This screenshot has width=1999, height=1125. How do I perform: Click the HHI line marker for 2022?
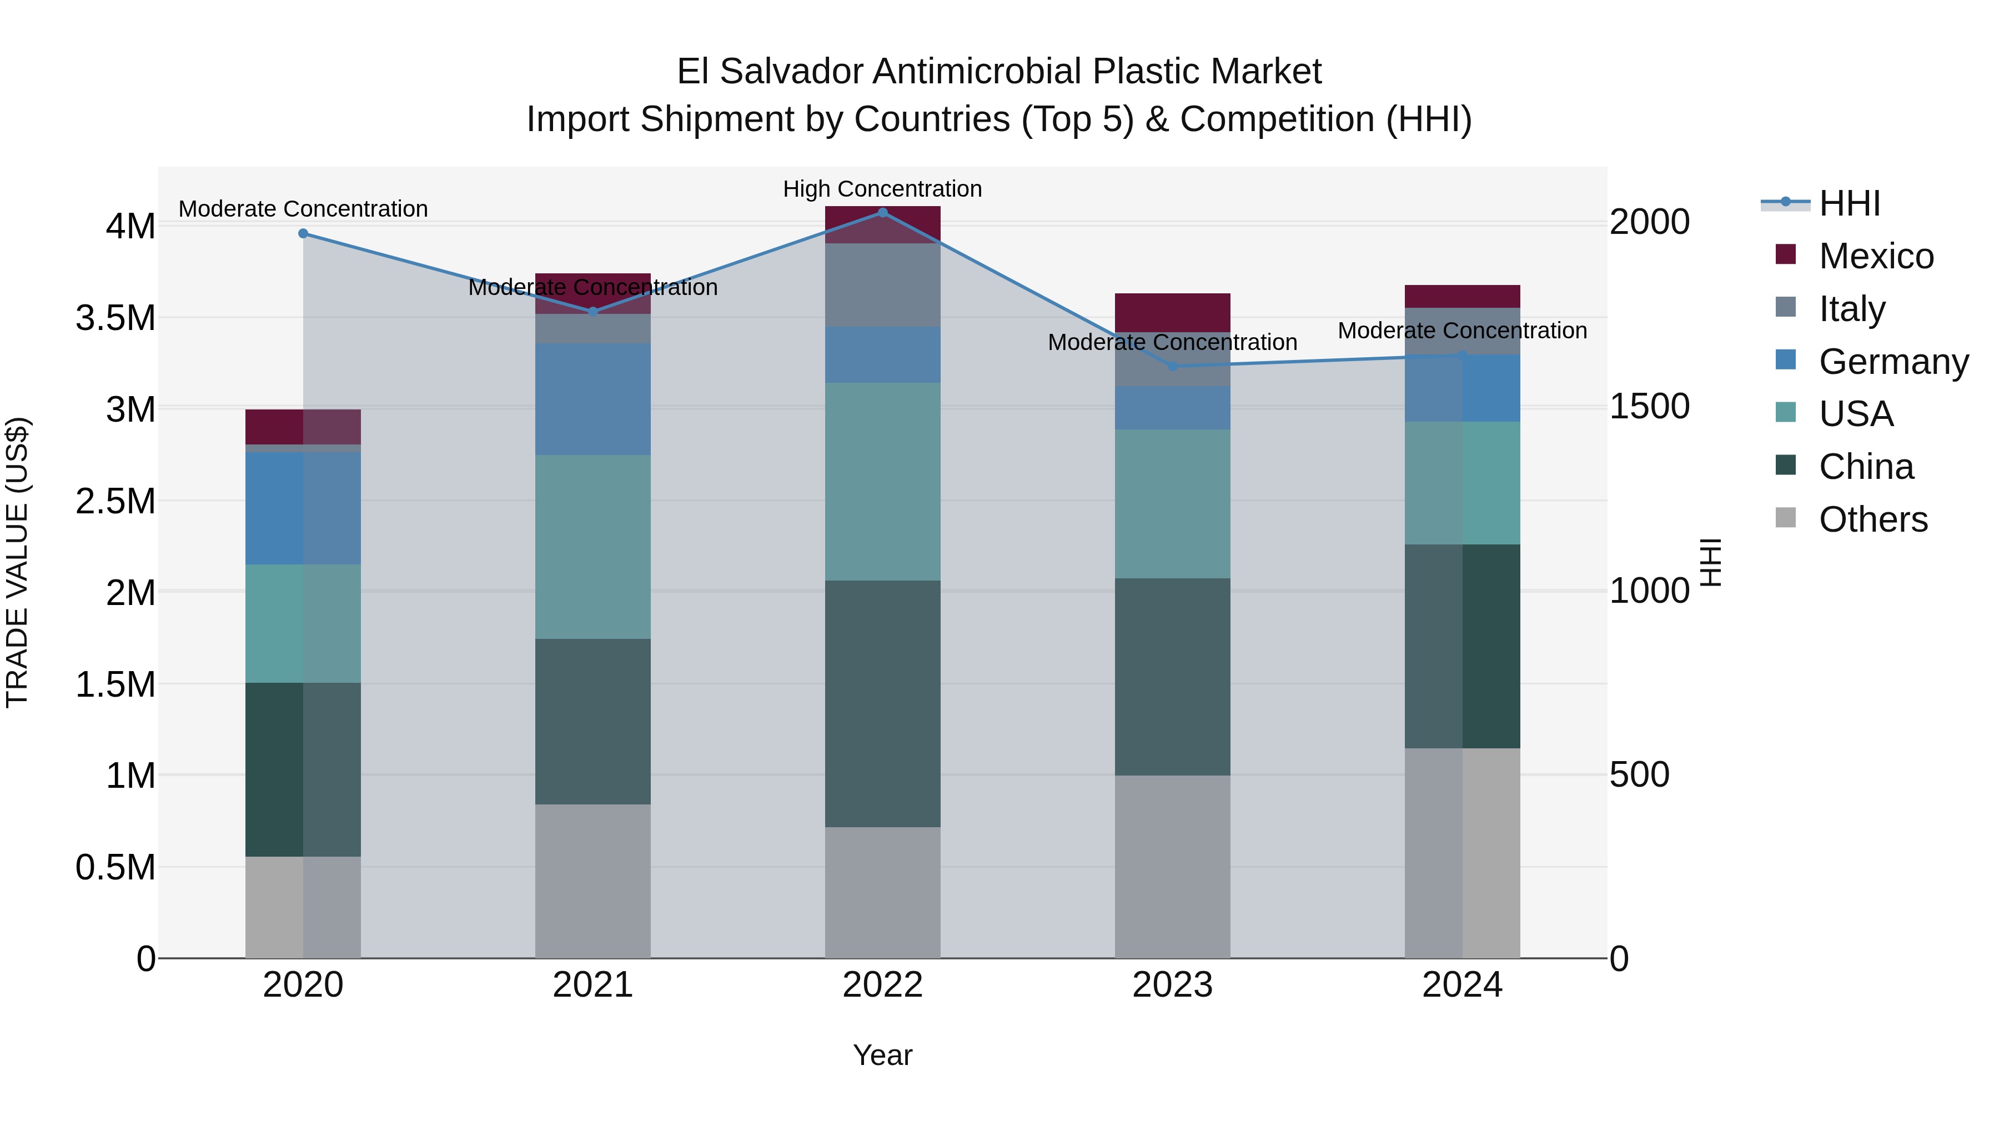click(882, 212)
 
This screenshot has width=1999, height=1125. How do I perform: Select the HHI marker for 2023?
click(1173, 367)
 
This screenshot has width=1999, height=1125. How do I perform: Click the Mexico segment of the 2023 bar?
click(1173, 312)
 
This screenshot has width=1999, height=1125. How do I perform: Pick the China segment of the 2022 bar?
click(882, 703)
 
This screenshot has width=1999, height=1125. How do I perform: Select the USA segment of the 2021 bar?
click(593, 547)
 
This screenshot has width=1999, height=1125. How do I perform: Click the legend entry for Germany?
click(1893, 362)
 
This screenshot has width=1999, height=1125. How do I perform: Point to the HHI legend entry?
click(1849, 203)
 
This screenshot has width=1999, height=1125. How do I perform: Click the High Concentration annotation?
click(882, 189)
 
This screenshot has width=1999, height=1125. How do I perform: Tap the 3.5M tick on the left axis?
click(115, 318)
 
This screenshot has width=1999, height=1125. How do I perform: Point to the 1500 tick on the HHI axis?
click(1649, 406)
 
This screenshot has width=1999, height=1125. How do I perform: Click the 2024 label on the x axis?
click(1462, 984)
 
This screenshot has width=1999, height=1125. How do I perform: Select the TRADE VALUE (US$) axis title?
click(17, 562)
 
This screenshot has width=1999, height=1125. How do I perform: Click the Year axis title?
click(882, 1055)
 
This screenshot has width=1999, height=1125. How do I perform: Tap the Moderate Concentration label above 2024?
click(1462, 330)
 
